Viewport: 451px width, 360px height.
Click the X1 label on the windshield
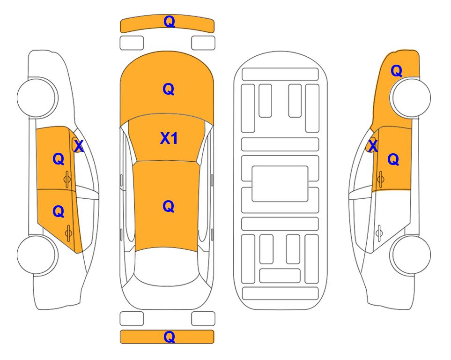169,138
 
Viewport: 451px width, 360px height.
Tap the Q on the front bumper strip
169,22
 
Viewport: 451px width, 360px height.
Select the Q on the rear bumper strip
169,337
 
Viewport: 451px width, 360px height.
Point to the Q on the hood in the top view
169,89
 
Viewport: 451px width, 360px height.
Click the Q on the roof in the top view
169,206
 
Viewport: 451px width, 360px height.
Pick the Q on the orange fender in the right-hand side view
396,71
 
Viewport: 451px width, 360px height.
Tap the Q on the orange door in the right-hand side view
393,159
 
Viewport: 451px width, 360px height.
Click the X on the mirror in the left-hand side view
79,146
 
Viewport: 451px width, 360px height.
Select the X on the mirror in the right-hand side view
373,146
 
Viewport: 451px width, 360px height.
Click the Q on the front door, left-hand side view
59,159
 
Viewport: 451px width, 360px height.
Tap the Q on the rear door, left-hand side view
59,212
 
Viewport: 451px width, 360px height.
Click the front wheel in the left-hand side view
37,97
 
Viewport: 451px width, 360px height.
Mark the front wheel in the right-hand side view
410,97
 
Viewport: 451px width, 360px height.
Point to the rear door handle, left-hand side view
68,233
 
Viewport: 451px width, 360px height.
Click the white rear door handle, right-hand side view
379,233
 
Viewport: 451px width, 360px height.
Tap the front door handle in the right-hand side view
380,179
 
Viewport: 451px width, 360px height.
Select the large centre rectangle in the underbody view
280,184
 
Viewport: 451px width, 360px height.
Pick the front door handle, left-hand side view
67,179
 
